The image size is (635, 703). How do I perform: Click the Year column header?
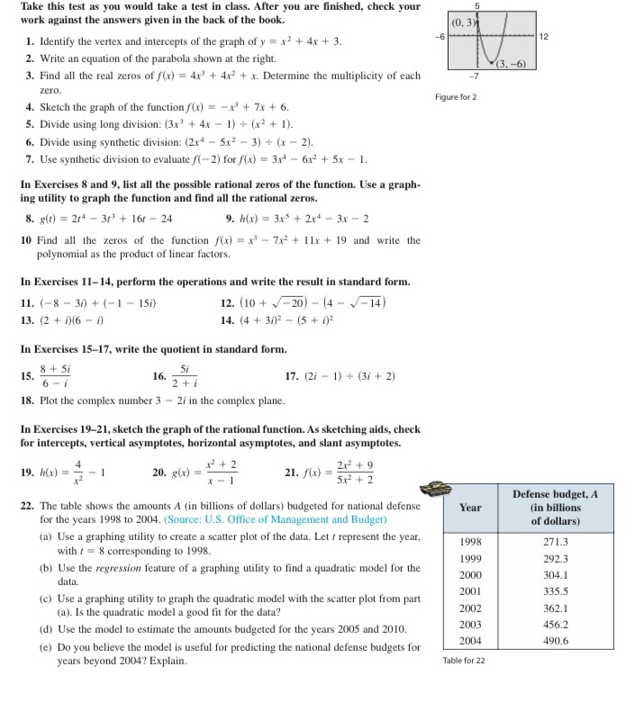pyautogui.click(x=472, y=508)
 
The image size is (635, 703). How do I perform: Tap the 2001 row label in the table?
pyautogui.click(x=472, y=591)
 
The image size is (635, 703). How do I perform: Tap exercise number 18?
pyautogui.click(x=25, y=400)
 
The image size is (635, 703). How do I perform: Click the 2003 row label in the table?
pyautogui.click(x=472, y=624)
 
